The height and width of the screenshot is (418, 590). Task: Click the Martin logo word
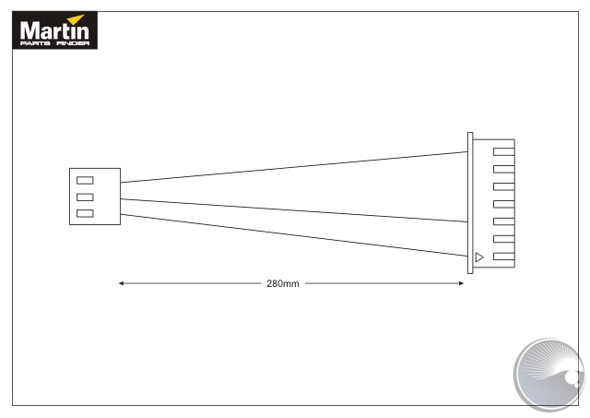tap(54, 30)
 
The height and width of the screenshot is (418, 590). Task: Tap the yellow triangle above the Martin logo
tap(77, 18)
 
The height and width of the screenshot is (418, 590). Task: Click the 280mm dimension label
tap(283, 283)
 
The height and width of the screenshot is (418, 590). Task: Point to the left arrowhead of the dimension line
tap(121, 283)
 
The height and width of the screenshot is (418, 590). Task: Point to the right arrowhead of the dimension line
tap(461, 283)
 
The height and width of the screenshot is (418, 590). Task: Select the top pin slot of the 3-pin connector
tap(85, 180)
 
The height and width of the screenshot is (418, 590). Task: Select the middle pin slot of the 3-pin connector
tap(85, 197)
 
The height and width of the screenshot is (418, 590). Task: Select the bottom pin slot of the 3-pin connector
tap(85, 213)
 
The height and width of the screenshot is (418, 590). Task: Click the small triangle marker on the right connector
tap(479, 257)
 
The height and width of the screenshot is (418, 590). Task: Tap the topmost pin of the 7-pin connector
tap(504, 151)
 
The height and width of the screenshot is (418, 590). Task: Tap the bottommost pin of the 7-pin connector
tap(504, 257)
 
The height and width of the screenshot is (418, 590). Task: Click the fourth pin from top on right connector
tap(504, 204)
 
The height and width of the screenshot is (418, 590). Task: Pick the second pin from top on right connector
tap(504, 169)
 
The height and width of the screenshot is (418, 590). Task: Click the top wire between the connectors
tap(294, 167)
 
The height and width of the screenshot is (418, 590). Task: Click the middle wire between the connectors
tap(294, 210)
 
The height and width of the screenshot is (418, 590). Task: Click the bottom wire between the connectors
tap(294, 235)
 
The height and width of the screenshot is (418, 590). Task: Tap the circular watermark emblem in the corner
tap(549, 374)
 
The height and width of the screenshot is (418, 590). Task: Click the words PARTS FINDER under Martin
tap(54, 43)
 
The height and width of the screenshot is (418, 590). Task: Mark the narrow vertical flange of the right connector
tap(470, 203)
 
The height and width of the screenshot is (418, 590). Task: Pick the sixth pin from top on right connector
tap(504, 239)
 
